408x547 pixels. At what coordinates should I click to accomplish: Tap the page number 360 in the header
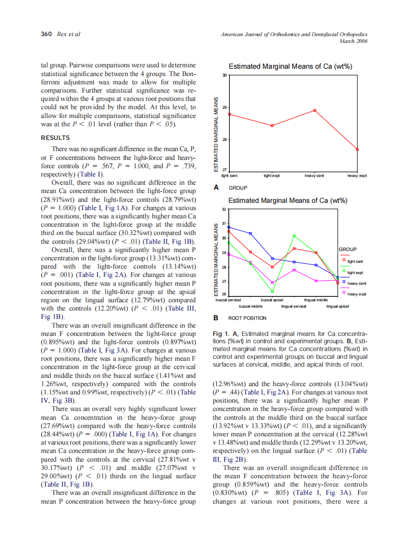point(46,34)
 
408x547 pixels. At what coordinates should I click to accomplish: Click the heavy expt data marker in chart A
point(358,149)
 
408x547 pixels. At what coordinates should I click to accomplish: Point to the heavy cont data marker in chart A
point(315,110)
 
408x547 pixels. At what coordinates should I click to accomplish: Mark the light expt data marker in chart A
point(272,125)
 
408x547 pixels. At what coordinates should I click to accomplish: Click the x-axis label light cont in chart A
point(229,175)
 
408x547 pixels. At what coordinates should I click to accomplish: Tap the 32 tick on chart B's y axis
point(224,209)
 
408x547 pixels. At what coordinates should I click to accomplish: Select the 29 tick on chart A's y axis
point(224,107)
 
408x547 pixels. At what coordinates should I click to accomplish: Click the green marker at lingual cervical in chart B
point(294,236)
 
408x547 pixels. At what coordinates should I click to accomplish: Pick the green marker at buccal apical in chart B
point(272,292)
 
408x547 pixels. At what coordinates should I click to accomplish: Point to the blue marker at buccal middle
point(250,234)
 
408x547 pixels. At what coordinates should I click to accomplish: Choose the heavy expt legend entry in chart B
point(356,293)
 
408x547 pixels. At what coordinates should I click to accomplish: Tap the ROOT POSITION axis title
point(247,318)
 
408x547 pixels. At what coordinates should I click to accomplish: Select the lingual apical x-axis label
point(337,306)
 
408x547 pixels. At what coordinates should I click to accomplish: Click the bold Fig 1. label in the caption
point(221,333)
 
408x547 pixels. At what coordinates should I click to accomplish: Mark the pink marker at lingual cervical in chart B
point(294,270)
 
